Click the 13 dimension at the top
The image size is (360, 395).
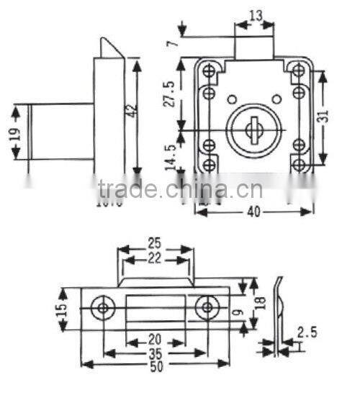click(255, 14)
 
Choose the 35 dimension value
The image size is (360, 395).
click(156, 354)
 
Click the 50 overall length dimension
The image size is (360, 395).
click(156, 367)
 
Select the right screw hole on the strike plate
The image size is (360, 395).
click(208, 308)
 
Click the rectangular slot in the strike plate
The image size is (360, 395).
click(156, 309)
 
